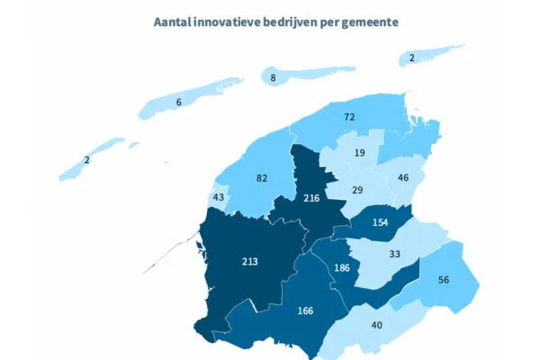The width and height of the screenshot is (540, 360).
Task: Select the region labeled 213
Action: (x=249, y=262)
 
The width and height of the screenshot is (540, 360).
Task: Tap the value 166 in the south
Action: (x=305, y=310)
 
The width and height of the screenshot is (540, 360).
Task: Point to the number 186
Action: (x=341, y=269)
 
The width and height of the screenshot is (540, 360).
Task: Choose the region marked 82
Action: (x=262, y=178)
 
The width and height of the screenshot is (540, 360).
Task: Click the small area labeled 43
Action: (x=218, y=197)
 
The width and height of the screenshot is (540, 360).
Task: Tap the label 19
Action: (x=359, y=154)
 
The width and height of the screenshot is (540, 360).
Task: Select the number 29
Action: (x=356, y=191)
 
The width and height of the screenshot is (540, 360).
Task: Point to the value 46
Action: (x=403, y=178)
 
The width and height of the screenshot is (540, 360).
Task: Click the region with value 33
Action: (x=394, y=255)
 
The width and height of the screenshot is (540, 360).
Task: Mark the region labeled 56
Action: (x=442, y=280)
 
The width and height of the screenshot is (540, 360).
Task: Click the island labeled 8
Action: (x=274, y=78)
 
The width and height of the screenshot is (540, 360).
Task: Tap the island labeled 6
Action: (x=179, y=103)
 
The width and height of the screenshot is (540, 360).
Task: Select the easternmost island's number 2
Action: (x=412, y=58)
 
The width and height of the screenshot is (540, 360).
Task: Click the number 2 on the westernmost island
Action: (x=86, y=160)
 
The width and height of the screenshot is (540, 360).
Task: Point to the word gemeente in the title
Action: (x=365, y=20)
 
